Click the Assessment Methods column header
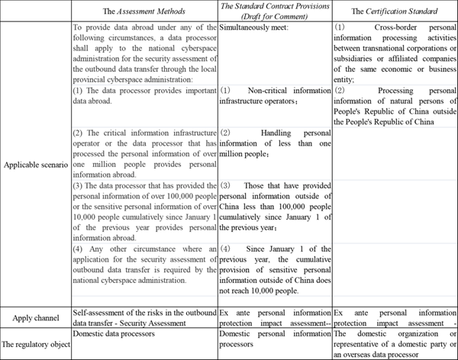click(144, 11)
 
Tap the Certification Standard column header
click(394, 11)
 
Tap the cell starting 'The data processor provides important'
click(144, 95)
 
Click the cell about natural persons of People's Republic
click(394, 105)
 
